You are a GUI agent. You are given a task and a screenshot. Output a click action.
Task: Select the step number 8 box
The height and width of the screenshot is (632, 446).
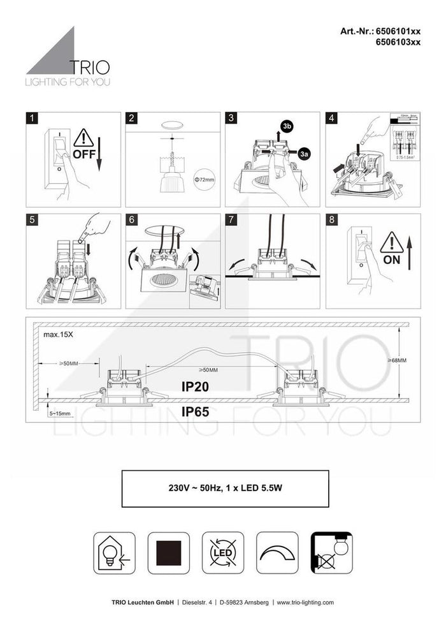331,219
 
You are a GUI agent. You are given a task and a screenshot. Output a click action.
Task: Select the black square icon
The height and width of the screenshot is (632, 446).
169,552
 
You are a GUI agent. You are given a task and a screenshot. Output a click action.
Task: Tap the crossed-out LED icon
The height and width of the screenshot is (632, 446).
223,552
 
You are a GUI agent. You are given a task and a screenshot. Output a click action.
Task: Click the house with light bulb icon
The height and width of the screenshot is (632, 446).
115,552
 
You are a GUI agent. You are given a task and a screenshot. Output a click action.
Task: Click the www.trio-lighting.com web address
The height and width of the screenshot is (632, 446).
305,602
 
